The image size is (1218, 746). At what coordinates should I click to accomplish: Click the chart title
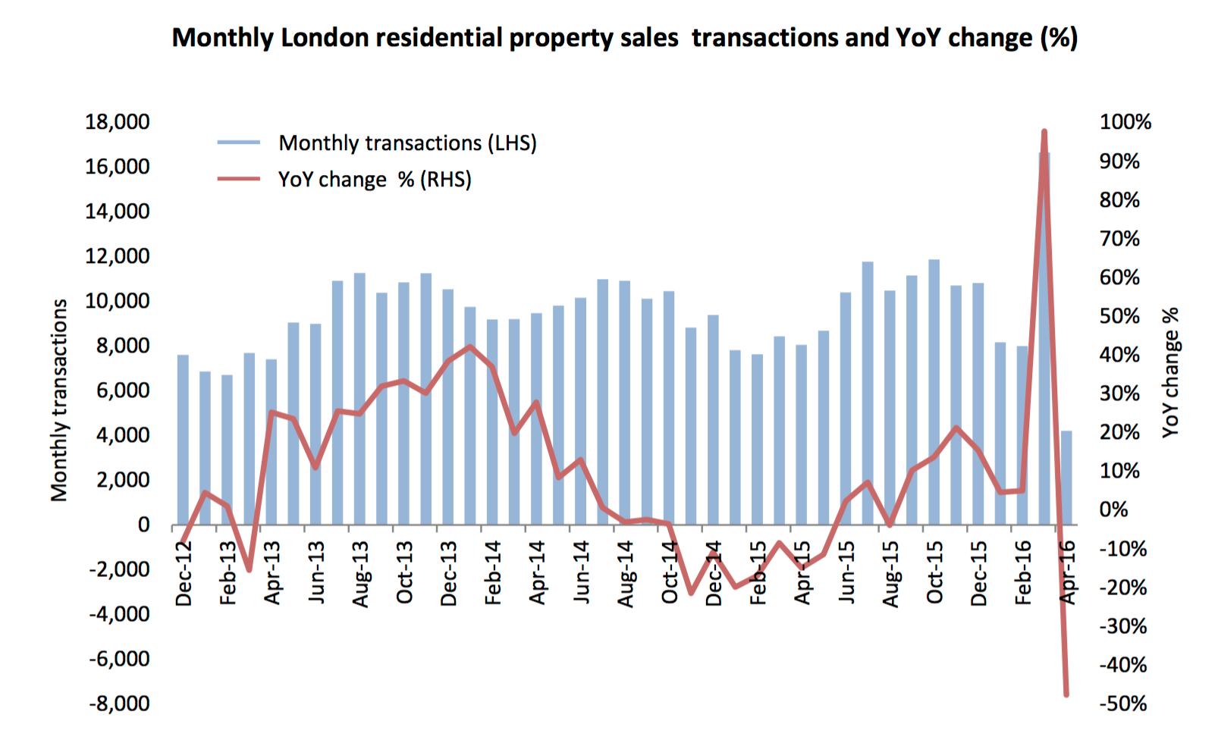[x=624, y=37]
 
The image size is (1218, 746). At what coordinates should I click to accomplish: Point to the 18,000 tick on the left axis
[x=118, y=121]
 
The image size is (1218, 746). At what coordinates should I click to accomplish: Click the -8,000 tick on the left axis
[x=119, y=704]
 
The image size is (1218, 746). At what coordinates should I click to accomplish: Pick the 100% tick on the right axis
[x=1125, y=121]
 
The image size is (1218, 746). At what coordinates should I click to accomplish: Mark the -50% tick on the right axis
[x=1123, y=704]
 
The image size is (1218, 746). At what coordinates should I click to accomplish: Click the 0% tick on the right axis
[x=1114, y=509]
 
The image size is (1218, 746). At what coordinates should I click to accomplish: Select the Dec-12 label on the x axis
[x=184, y=574]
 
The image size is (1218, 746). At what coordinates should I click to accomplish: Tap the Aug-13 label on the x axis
[x=360, y=574]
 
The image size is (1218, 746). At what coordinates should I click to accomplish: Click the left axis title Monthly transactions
[x=59, y=400]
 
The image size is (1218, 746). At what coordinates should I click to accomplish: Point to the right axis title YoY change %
[x=1170, y=371]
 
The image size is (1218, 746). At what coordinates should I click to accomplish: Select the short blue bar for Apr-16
[x=1067, y=478]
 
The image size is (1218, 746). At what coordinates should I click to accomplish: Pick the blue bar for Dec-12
[x=183, y=440]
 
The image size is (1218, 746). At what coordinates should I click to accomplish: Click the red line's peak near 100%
[x=1044, y=132]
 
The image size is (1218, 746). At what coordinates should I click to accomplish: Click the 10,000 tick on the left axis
[x=118, y=301]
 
